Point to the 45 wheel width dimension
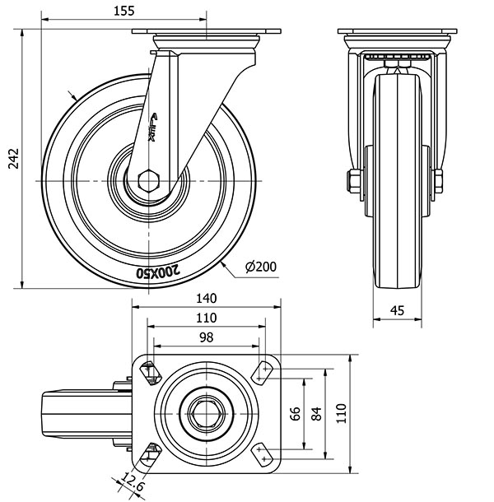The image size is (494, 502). click(397, 310)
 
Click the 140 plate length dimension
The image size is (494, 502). click(206, 299)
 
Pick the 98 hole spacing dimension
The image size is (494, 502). click(206, 337)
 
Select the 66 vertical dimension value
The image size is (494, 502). click(296, 413)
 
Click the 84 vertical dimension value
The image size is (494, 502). click(316, 413)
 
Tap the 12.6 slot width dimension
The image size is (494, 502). click(128, 480)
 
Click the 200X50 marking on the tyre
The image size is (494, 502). click(156, 269)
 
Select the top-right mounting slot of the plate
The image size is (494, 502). click(264, 372)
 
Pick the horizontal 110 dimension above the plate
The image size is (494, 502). click(206, 318)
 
